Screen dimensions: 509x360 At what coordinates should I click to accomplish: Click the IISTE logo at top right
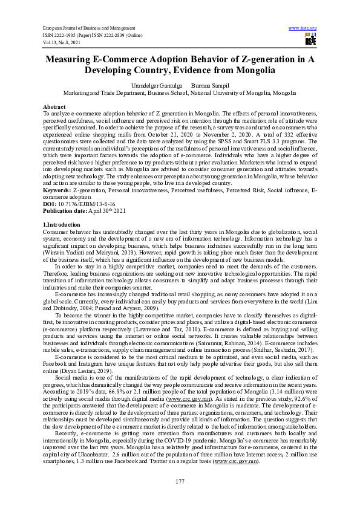point(310,40)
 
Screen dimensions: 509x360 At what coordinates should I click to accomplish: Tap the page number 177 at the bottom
point(180,481)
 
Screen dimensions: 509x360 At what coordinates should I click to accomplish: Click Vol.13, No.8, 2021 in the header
point(65,42)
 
